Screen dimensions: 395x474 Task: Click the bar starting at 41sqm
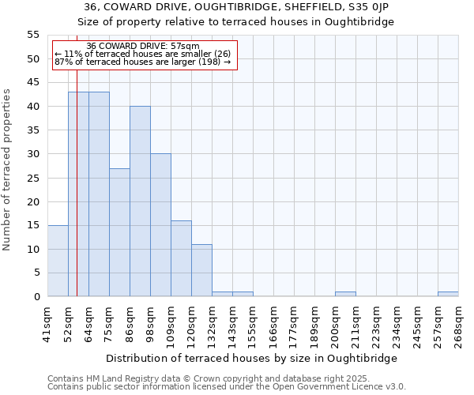[x=58, y=261]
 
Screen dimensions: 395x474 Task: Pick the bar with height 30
[x=160, y=225]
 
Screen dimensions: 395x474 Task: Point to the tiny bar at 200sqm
[x=345, y=294]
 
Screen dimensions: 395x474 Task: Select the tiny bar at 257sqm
[x=448, y=294]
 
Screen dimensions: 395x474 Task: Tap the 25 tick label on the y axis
[x=33, y=178]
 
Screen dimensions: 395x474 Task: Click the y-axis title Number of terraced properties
[x=7, y=169]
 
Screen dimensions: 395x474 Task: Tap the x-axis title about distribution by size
[x=252, y=358]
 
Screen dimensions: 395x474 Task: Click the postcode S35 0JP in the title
[x=378, y=7]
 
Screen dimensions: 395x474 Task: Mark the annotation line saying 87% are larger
[x=142, y=62]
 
